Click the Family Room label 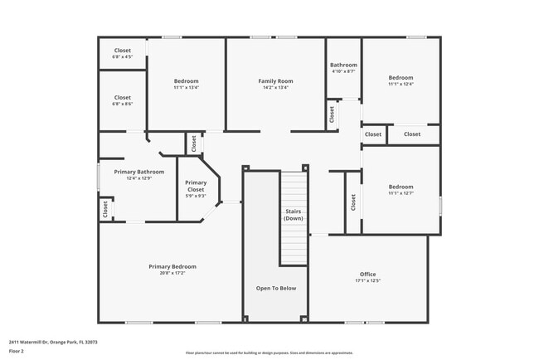click(x=275, y=80)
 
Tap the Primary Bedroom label click(x=172, y=266)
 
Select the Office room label click(x=367, y=274)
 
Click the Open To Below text click(x=275, y=288)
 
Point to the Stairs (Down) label click(x=293, y=214)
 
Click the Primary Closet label click(x=196, y=186)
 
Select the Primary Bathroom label click(x=138, y=172)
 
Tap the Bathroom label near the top click(x=343, y=65)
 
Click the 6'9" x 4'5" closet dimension click(x=123, y=57)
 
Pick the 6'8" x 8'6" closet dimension click(x=123, y=105)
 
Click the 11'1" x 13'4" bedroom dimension click(x=186, y=87)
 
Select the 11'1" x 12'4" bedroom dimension click(x=401, y=83)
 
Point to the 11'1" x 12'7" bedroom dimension click(x=401, y=193)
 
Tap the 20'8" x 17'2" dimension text click(x=172, y=273)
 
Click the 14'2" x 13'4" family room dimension click(x=275, y=87)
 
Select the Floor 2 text click(x=16, y=351)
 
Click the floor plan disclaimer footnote click(x=269, y=353)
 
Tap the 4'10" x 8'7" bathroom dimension click(x=343, y=71)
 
